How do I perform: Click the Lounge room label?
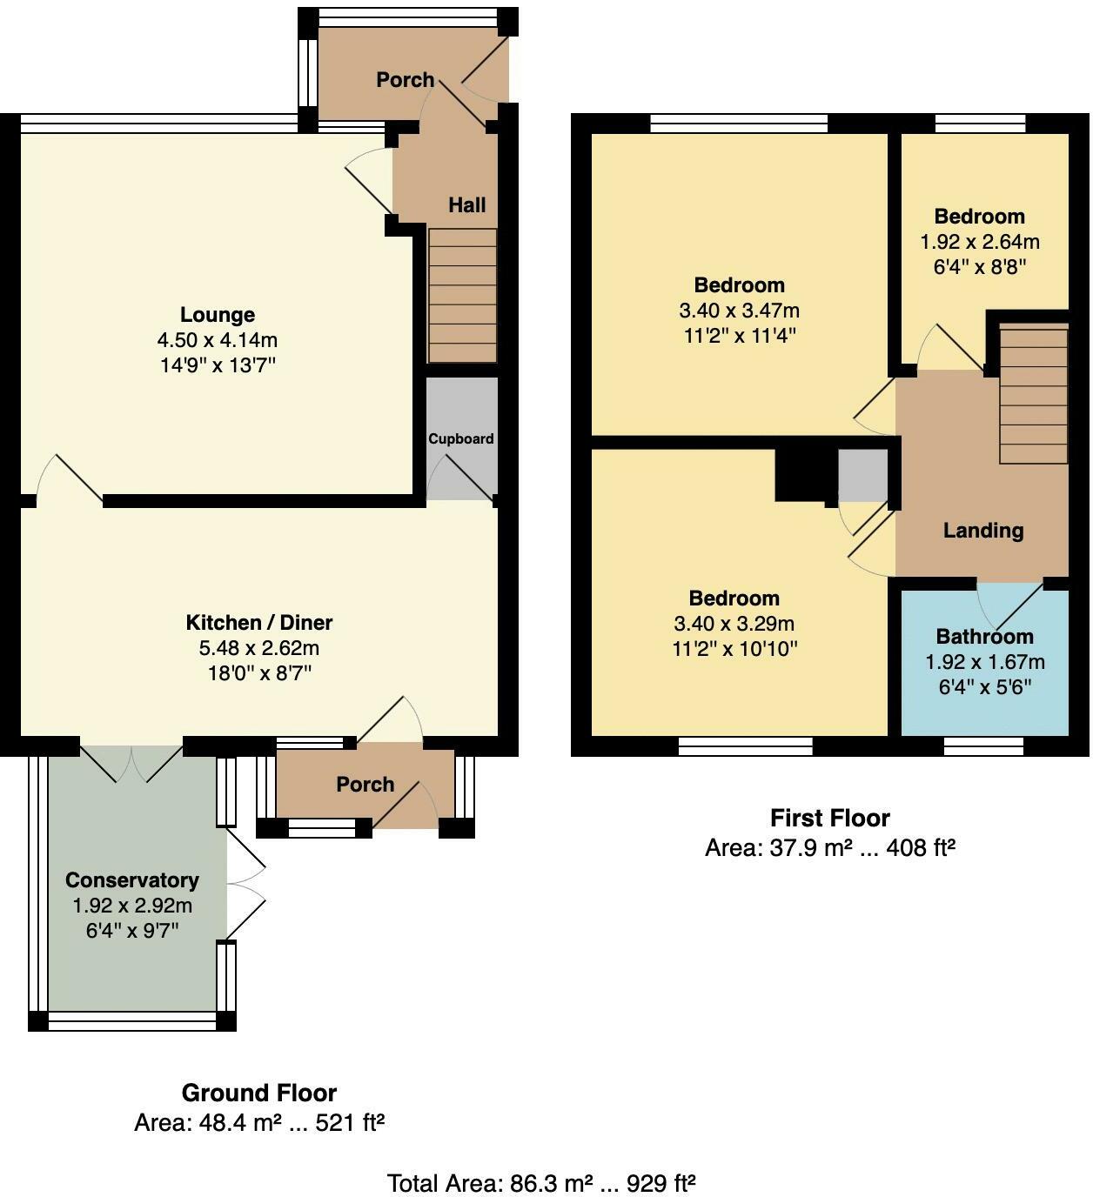click(218, 314)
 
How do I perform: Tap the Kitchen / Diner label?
click(259, 622)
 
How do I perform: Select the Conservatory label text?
click(132, 880)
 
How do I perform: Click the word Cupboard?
click(461, 438)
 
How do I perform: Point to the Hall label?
click(466, 205)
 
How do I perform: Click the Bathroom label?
click(984, 637)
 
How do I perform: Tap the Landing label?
click(983, 531)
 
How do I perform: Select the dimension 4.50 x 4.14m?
click(218, 340)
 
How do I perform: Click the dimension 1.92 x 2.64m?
click(980, 242)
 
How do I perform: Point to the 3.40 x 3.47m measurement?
click(739, 311)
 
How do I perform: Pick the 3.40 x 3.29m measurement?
click(734, 624)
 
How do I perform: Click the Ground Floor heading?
click(259, 1093)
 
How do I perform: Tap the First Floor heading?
click(829, 818)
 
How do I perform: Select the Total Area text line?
click(541, 1183)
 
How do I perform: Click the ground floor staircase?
click(462, 296)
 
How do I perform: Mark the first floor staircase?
click(1033, 394)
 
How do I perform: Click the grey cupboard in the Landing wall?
click(862, 476)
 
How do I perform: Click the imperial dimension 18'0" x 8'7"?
click(259, 673)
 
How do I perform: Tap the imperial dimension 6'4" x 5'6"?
click(985, 687)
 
